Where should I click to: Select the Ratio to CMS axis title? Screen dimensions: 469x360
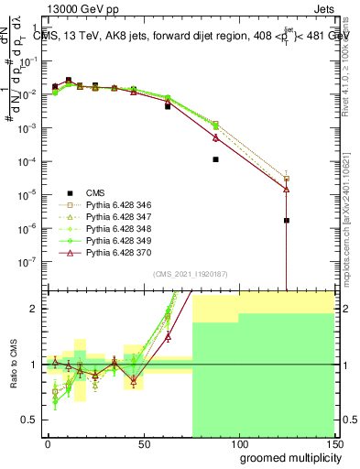(x=14, y=365)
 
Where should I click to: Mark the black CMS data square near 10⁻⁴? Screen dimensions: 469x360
(x=215, y=159)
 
